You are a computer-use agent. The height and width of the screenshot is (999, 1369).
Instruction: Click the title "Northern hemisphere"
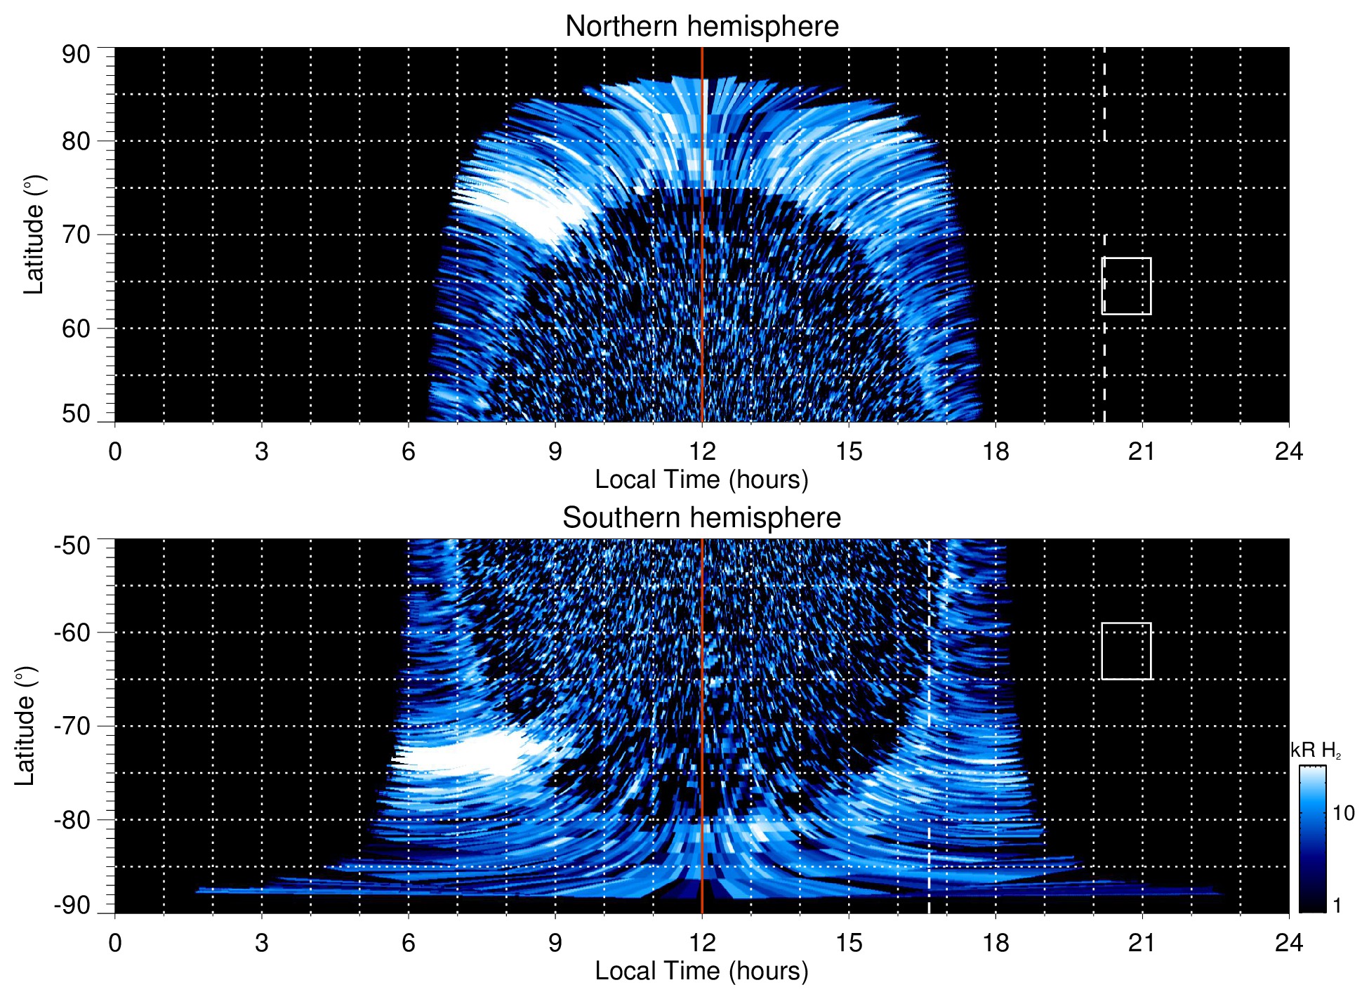(x=701, y=27)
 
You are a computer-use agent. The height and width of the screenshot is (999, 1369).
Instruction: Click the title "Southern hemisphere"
(x=701, y=518)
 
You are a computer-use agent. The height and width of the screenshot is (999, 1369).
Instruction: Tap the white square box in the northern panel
(x=1127, y=286)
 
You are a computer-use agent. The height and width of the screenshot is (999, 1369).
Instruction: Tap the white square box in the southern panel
(x=1126, y=651)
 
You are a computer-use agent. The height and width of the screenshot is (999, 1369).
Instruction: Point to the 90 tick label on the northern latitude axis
(x=76, y=55)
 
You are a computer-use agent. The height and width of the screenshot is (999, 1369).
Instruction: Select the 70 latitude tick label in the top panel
(x=76, y=234)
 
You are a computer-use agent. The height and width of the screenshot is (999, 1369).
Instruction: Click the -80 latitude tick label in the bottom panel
(x=72, y=819)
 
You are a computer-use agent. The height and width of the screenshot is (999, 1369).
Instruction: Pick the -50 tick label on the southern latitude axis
(x=72, y=545)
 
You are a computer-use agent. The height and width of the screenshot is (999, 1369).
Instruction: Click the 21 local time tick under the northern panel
(x=1142, y=451)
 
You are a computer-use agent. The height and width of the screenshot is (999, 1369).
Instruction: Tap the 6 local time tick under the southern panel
(x=408, y=943)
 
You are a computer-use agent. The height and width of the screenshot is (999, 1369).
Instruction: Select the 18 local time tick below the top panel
(x=995, y=451)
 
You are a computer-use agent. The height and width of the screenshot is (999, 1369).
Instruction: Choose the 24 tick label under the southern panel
(x=1288, y=943)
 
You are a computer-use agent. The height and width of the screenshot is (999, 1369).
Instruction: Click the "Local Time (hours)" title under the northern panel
(x=701, y=479)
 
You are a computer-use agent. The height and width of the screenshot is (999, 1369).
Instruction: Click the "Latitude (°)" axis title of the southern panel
(x=25, y=726)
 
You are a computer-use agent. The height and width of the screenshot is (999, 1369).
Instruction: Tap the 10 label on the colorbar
(x=1343, y=813)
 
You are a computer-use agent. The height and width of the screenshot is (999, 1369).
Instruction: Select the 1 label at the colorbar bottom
(x=1337, y=905)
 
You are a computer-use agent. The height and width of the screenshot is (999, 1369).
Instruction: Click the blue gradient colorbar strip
(x=1312, y=839)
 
